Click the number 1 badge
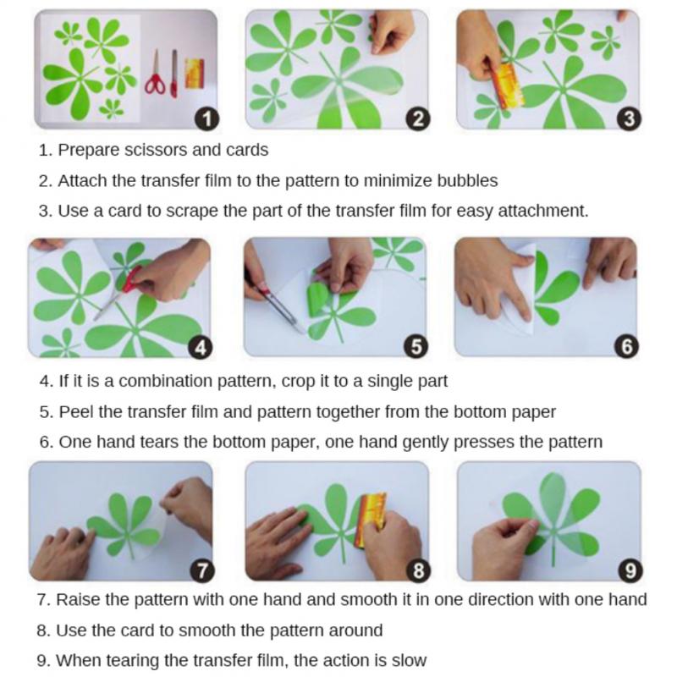(x=206, y=118)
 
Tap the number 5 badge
(x=416, y=346)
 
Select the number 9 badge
(x=630, y=570)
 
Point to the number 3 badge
(x=629, y=118)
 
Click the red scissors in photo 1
(x=155, y=74)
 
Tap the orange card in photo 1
(x=195, y=74)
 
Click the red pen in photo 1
(x=174, y=74)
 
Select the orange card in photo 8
(x=371, y=518)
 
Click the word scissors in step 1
(x=156, y=151)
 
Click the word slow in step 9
(x=409, y=661)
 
